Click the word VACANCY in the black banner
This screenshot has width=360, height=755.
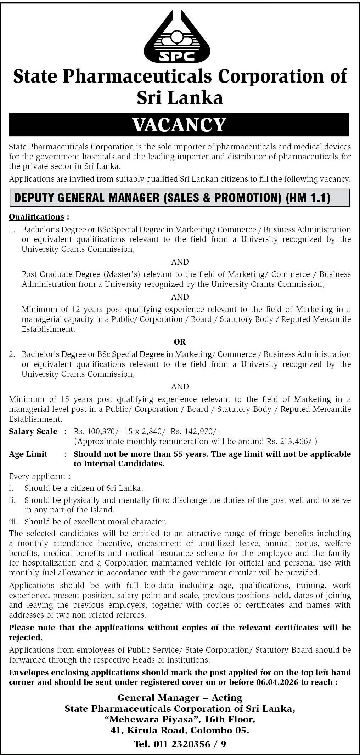[x=179, y=125]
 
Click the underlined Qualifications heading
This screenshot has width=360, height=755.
[x=36, y=217]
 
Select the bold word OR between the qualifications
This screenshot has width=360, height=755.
[x=180, y=342]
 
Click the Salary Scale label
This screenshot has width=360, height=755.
[x=33, y=431]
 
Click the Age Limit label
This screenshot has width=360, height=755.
[x=28, y=454]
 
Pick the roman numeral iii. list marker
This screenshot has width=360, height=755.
[x=13, y=522]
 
